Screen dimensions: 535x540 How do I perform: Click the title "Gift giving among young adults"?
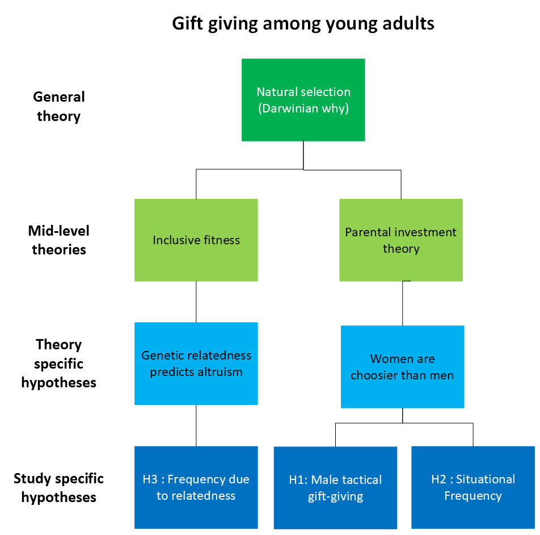(x=303, y=24)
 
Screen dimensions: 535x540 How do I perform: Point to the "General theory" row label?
(x=59, y=107)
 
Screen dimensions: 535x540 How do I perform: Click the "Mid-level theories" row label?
(x=59, y=240)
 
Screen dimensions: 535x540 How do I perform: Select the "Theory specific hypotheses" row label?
(x=59, y=363)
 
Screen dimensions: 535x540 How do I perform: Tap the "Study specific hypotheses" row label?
(x=59, y=488)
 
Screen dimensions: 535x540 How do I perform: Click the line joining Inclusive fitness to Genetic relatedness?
(x=196, y=302)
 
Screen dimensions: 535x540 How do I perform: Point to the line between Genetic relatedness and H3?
(x=196, y=425)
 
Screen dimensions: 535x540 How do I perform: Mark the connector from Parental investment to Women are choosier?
(x=403, y=303)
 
